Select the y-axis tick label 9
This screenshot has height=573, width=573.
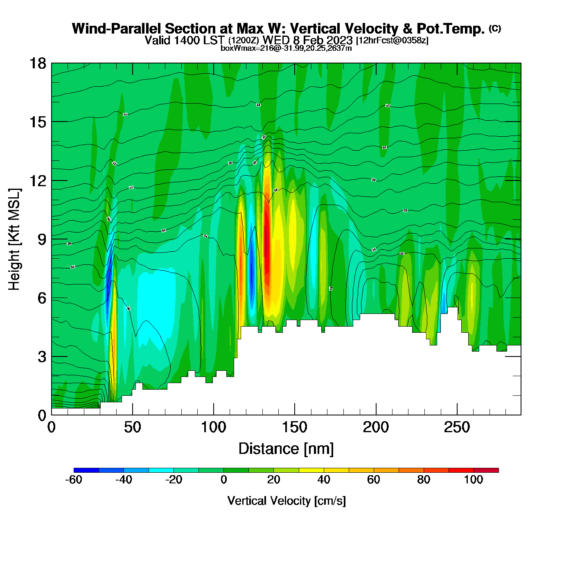[41, 239]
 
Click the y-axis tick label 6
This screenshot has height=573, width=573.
[41, 298]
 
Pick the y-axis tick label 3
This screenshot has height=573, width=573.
[41, 356]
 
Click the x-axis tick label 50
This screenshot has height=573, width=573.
[132, 427]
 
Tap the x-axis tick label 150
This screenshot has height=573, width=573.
[294, 427]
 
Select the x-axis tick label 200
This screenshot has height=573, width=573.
[375, 427]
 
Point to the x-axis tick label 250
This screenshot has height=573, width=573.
[457, 427]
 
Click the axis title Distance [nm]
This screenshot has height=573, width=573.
[286, 449]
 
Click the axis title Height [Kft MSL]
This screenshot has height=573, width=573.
[14, 239]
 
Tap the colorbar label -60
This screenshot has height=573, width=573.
[74, 480]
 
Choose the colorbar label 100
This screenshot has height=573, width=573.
[474, 480]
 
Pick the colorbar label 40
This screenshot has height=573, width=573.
[324, 480]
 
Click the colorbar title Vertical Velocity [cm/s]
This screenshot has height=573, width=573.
[286, 501]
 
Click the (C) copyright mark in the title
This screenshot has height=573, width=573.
[495, 28]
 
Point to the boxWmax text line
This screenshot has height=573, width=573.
[286, 48]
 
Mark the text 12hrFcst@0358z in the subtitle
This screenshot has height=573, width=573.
[393, 41]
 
